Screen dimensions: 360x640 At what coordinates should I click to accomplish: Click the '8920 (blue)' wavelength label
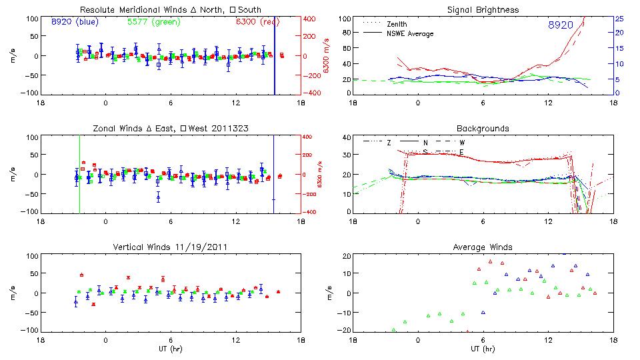(74, 22)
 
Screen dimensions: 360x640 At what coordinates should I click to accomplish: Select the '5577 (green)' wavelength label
(152, 22)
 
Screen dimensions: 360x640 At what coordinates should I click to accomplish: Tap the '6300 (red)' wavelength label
(259, 22)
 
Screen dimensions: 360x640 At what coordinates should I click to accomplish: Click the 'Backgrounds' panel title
(483, 128)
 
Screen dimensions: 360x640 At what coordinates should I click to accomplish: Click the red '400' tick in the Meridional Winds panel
(311, 19)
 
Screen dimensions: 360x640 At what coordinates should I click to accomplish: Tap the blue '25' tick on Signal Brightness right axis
(619, 19)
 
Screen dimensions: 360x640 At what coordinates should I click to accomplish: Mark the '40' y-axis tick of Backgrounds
(345, 138)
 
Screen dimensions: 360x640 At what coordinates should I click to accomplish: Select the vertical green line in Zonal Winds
(79, 173)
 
